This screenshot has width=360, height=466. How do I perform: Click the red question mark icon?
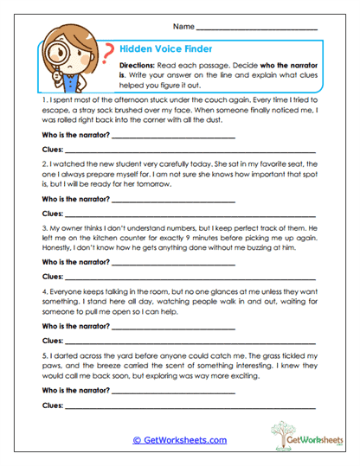click(108, 54)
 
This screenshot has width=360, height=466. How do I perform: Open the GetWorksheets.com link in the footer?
click(179, 440)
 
